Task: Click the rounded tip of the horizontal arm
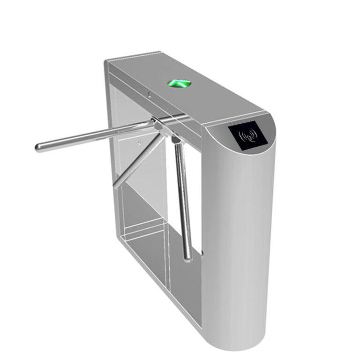click(38, 148)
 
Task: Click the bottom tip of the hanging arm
click(187, 255)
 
